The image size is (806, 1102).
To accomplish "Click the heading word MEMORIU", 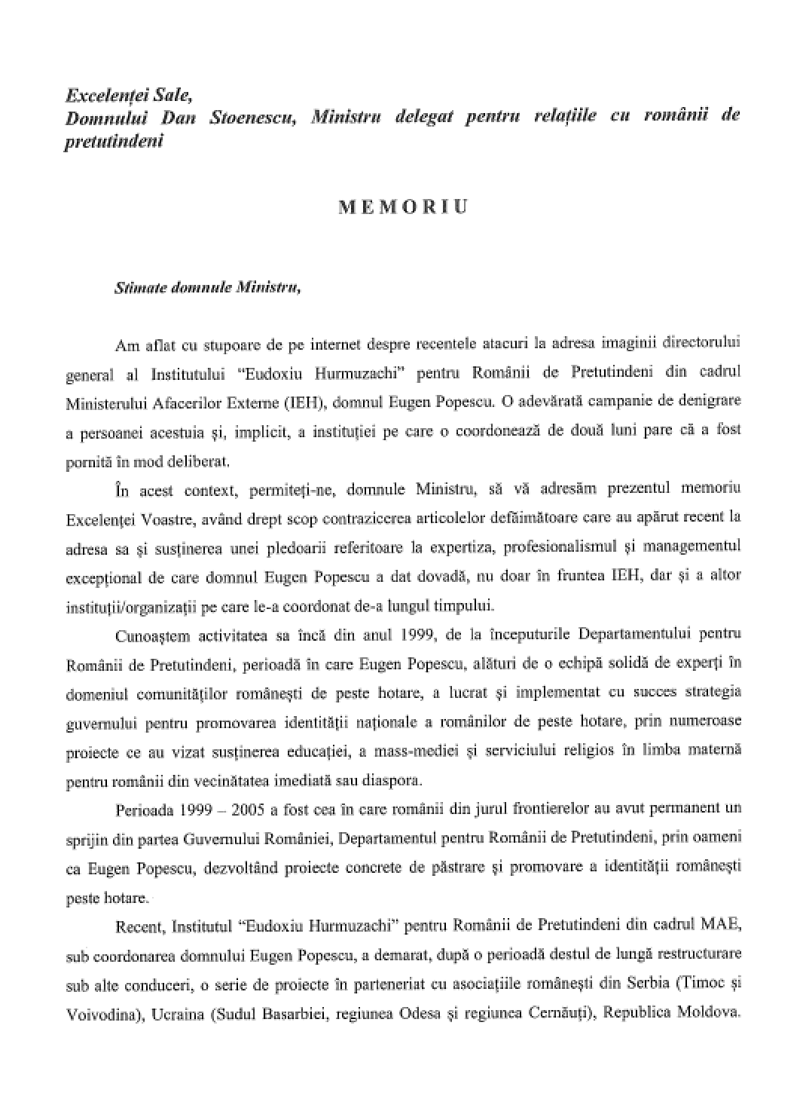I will coord(403,207).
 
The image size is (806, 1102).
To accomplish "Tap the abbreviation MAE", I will coord(722,924).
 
